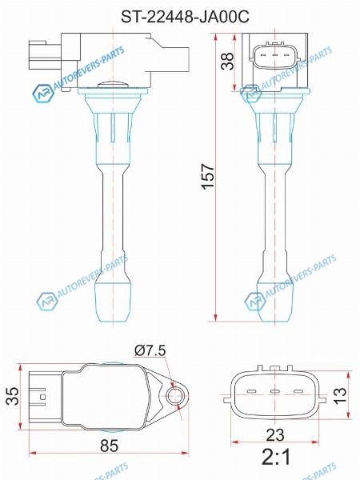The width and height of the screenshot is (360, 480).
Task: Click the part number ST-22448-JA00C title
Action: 185,17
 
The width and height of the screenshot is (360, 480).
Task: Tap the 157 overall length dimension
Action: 208,177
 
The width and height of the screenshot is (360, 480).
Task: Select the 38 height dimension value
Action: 228,62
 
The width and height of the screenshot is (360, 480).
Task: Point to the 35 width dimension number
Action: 13,396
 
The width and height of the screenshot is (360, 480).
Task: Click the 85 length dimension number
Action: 109,446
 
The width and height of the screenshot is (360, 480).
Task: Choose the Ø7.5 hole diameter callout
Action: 150,350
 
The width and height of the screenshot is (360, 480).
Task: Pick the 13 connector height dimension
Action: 340,395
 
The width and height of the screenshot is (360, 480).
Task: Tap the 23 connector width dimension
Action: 275,434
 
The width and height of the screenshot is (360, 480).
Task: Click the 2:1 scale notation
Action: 276,458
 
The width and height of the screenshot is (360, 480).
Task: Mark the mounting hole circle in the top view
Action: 178,396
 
